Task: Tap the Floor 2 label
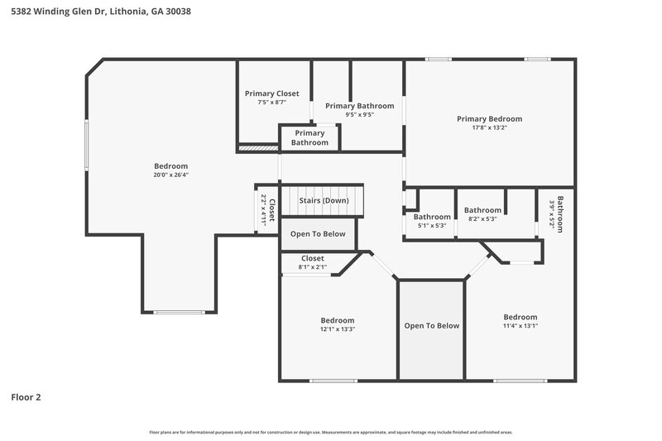(x=26, y=397)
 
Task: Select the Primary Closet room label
(x=271, y=93)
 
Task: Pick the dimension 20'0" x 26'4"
(x=170, y=175)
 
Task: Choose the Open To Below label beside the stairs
(x=318, y=234)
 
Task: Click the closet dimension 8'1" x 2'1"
(x=312, y=267)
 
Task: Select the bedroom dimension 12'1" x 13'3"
(x=337, y=329)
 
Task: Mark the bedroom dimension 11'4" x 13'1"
(x=520, y=326)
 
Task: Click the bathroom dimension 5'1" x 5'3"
(x=431, y=226)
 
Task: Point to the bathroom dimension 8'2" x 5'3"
(x=482, y=219)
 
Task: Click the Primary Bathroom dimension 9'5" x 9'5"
(x=359, y=115)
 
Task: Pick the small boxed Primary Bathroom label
(x=309, y=138)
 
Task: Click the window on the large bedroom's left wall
(x=85, y=147)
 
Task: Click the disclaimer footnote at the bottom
(x=330, y=432)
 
